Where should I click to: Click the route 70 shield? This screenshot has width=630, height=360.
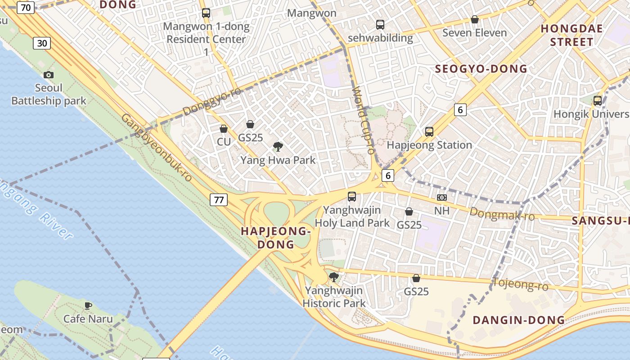tap(26, 7)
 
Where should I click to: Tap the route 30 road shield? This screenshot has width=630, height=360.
tap(41, 43)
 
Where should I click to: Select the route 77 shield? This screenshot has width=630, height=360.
tap(219, 200)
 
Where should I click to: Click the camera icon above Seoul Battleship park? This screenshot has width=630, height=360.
tap(49, 75)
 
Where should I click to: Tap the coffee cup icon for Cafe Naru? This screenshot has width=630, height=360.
tap(88, 306)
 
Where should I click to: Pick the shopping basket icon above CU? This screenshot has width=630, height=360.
tap(224, 129)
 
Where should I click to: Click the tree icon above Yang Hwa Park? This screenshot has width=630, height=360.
tap(278, 146)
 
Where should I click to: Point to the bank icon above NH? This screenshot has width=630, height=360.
tap(441, 198)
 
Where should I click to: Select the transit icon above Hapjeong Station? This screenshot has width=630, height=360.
tap(429, 132)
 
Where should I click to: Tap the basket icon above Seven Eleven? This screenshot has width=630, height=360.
tap(474, 19)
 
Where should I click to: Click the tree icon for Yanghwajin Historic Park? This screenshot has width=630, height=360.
tap(333, 277)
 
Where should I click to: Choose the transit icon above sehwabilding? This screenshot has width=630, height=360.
tap(380, 24)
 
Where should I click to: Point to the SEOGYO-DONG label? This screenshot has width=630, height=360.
tap(481, 69)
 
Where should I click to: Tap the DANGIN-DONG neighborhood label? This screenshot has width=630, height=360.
tap(518, 320)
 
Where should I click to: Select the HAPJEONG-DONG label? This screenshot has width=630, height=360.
tap(276, 238)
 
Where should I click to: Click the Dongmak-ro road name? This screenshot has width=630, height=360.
tap(502, 214)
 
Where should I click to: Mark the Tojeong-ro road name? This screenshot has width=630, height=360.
tap(521, 284)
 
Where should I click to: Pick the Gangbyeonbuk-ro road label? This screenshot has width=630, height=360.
tap(157, 148)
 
